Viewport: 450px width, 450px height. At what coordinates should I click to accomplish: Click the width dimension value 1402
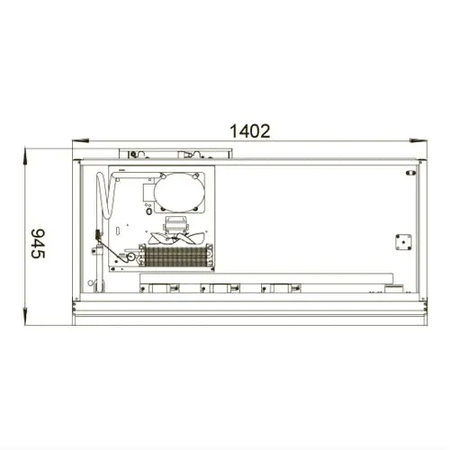[x=250, y=131]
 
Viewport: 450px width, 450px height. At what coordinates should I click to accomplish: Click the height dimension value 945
[x=38, y=243]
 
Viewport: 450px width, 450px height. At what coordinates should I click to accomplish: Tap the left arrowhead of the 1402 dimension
[x=80, y=140]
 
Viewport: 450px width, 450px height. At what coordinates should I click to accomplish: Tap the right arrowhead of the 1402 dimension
[x=418, y=140]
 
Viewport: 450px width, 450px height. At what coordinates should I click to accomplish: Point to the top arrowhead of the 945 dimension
[x=25, y=156]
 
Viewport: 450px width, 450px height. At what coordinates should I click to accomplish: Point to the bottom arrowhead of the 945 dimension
[x=25, y=316]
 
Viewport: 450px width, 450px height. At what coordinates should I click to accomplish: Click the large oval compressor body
[x=179, y=192]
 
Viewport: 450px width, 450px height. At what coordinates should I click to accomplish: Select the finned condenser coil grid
[x=176, y=256]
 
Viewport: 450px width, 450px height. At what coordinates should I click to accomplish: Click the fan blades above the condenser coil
[x=176, y=238]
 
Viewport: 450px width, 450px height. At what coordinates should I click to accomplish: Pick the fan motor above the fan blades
[x=175, y=225]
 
